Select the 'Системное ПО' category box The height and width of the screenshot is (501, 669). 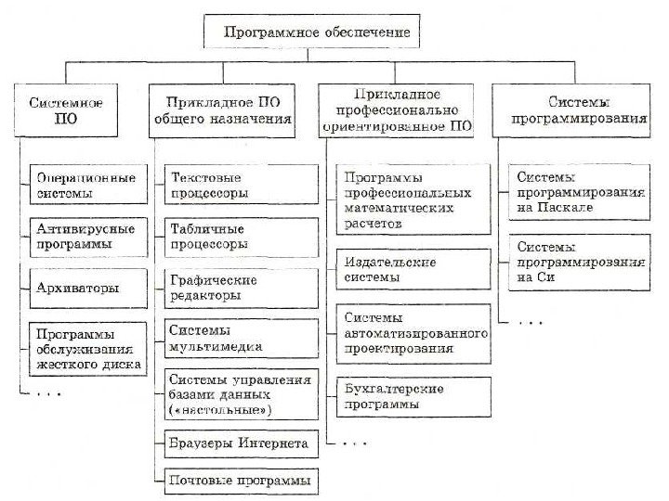click(65, 110)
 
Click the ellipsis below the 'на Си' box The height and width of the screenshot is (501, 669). click(530, 322)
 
